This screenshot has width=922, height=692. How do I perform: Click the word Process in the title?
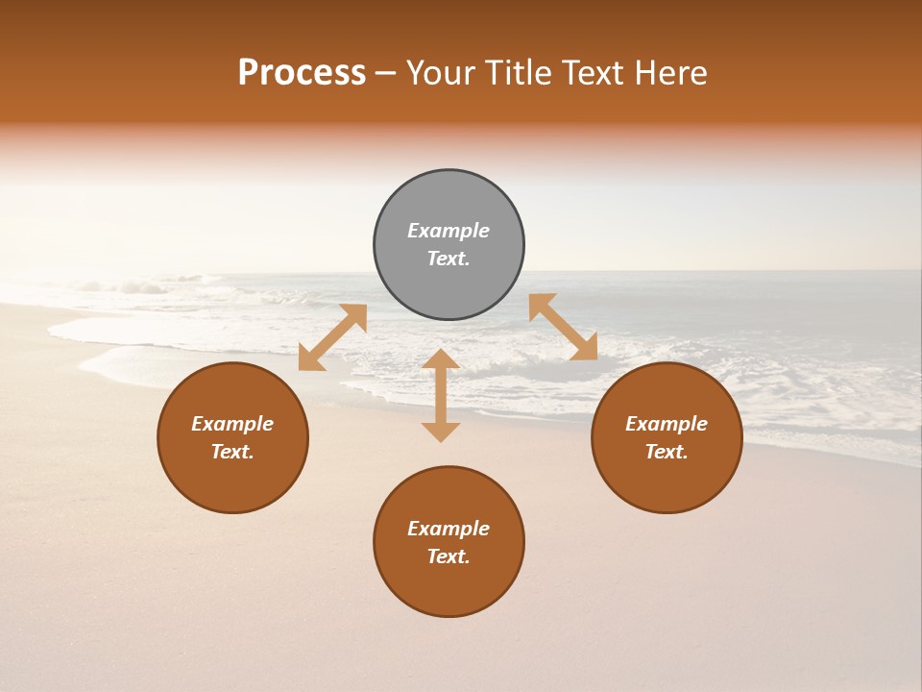click(302, 73)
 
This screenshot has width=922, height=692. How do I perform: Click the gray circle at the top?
click(449, 202)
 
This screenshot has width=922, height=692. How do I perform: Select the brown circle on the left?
click(232, 481)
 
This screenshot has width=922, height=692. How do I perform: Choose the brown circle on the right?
click(667, 481)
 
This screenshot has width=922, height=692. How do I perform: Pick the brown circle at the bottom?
click(449, 586)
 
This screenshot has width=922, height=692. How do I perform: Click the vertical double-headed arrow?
click(441, 395)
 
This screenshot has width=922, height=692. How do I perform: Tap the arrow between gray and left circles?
click(332, 337)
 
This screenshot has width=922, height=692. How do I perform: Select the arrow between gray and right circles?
click(563, 328)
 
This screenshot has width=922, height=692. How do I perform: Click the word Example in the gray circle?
click(449, 231)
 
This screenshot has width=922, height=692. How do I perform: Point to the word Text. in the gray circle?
click(449, 259)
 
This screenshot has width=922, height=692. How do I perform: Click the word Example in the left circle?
click(232, 424)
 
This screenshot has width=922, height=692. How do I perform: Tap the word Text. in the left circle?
click(232, 452)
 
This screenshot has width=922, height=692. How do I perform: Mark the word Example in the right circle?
click(667, 424)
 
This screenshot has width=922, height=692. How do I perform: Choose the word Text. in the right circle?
click(667, 452)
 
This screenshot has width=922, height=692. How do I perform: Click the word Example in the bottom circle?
click(449, 529)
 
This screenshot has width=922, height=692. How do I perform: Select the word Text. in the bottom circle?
click(449, 556)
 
